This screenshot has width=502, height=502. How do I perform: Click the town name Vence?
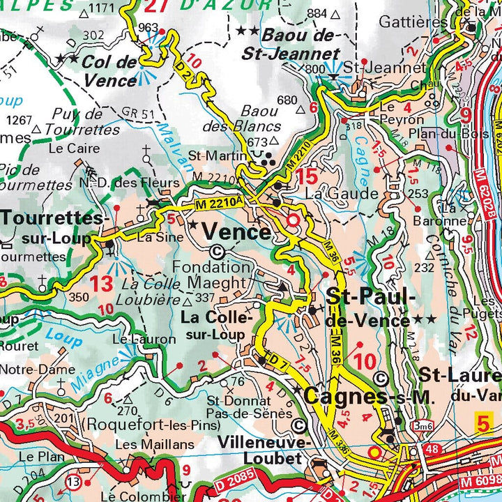pos(236,231)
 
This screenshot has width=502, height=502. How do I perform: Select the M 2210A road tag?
pos(218,203)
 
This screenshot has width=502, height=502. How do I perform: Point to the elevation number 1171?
pos(102,8)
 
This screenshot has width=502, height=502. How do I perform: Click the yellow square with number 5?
pos(483,422)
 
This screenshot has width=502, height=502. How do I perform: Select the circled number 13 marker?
pos(73,481)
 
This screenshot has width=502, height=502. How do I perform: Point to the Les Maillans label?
pos(145,444)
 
